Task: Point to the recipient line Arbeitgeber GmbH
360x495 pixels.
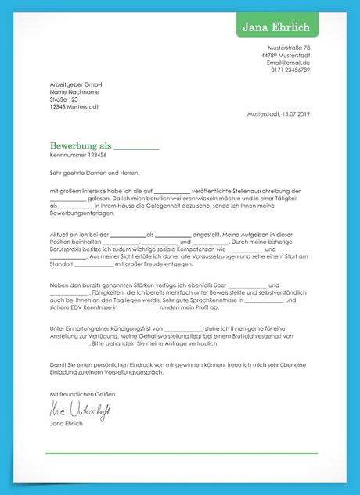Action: (x=77, y=84)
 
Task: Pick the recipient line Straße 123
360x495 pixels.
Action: (x=64, y=99)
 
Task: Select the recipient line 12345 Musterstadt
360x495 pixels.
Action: (x=74, y=106)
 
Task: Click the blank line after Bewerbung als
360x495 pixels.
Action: (x=137, y=149)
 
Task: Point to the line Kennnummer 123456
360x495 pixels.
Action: (x=77, y=156)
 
